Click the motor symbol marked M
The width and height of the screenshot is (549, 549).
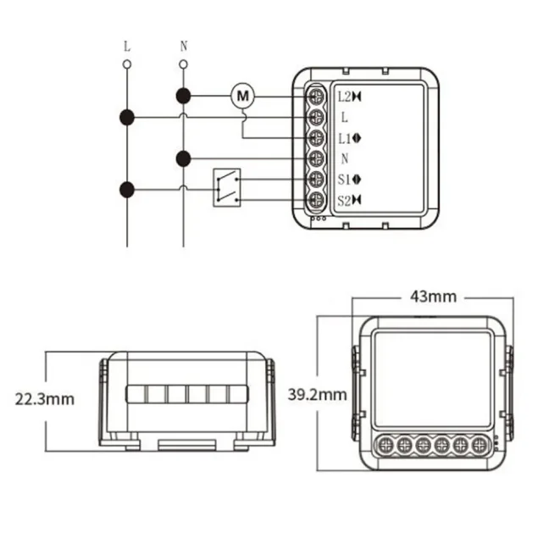coord(243,95)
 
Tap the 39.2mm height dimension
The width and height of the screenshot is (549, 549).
coord(317,395)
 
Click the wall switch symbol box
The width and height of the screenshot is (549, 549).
coord(225,187)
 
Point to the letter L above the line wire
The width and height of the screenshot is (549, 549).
coord(127,46)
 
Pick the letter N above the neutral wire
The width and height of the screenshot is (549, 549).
coord(184,46)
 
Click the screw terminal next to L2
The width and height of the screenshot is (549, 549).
coord(317,96)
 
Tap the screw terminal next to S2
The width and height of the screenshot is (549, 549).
coord(317,200)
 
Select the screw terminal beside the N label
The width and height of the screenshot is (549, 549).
coord(317,158)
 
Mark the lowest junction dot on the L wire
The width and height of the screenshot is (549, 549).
coord(127,189)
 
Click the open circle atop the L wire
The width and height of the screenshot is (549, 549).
coord(127,64)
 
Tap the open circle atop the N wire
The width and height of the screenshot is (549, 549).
coord(184,64)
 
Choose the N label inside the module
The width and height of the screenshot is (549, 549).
coord(345,158)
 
